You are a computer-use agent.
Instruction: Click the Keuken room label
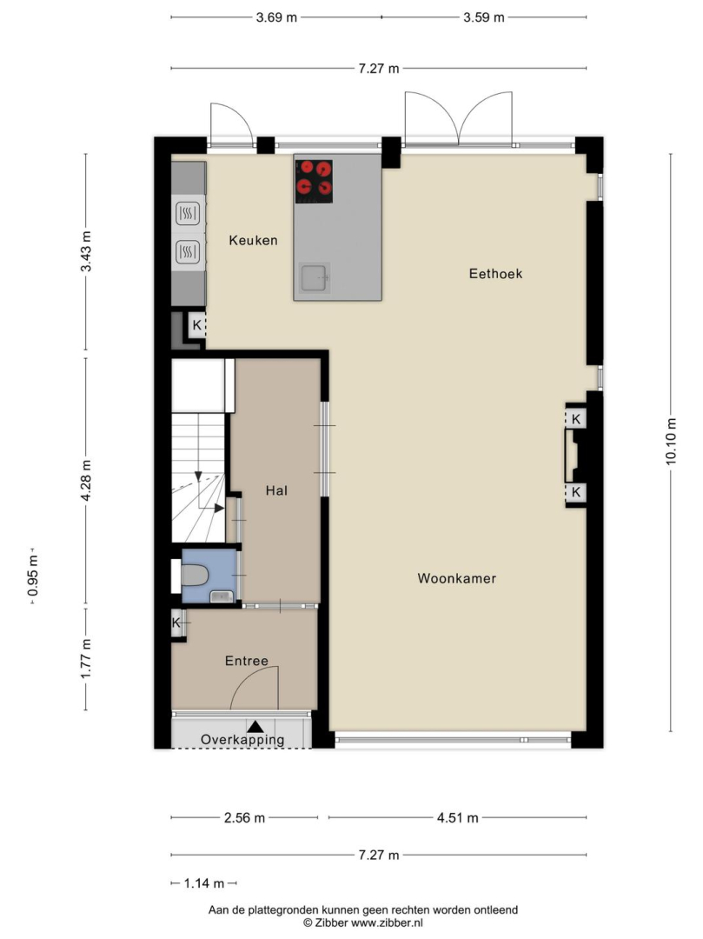coord(253,240)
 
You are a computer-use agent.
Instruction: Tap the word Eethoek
coord(495,274)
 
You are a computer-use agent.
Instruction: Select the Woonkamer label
coord(457,578)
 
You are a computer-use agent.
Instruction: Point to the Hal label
coord(276,491)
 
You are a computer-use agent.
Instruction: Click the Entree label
coord(247,661)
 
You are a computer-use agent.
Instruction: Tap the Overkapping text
coord(242,740)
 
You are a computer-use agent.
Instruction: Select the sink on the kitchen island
coord(315,278)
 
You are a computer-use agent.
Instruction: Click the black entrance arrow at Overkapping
coord(255,726)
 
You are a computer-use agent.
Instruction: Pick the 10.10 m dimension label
coord(671,441)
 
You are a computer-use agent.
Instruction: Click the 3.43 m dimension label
coord(86,251)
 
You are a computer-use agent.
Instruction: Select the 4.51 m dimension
coord(458,818)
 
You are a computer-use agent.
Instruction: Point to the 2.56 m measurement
coord(244,818)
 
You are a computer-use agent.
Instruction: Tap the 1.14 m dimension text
coord(204,883)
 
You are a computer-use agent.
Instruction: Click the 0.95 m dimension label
coord(33,576)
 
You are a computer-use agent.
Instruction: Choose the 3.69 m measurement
coord(276,17)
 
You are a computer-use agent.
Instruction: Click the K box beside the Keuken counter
coord(196,326)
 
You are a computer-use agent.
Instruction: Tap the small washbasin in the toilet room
coord(222,596)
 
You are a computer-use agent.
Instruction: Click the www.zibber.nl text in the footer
coord(387,922)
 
